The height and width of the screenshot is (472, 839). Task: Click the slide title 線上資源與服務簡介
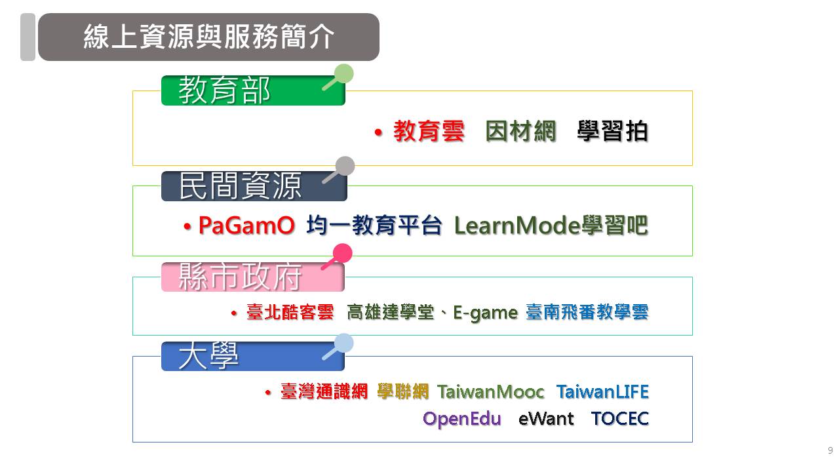[x=208, y=37]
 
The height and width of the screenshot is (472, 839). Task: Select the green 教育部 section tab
[x=253, y=90]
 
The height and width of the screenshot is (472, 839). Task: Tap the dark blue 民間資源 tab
[x=254, y=186]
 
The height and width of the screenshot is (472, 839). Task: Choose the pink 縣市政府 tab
[x=253, y=277]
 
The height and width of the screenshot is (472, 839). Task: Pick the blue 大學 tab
[x=253, y=356]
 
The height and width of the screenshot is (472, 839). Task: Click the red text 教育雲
[x=429, y=132]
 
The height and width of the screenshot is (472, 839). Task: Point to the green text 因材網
[x=520, y=132]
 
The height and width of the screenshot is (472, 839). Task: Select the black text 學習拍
[x=612, y=132]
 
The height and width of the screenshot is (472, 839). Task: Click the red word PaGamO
[x=246, y=226]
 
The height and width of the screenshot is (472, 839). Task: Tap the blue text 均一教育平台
[x=374, y=226]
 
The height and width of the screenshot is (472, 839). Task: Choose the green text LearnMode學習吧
[x=551, y=226]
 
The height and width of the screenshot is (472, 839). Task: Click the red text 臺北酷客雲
[x=290, y=312]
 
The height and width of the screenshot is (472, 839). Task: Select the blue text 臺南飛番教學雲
[x=587, y=312]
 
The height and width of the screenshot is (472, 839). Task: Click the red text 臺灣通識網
[x=324, y=392]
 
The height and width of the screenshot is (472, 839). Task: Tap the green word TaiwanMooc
[x=491, y=392]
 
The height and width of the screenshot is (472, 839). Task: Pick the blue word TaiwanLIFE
[x=602, y=392]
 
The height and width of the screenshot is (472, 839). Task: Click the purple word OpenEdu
[x=462, y=419]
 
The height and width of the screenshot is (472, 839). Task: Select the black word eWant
[x=546, y=419]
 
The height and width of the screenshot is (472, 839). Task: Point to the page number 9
[x=830, y=450]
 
